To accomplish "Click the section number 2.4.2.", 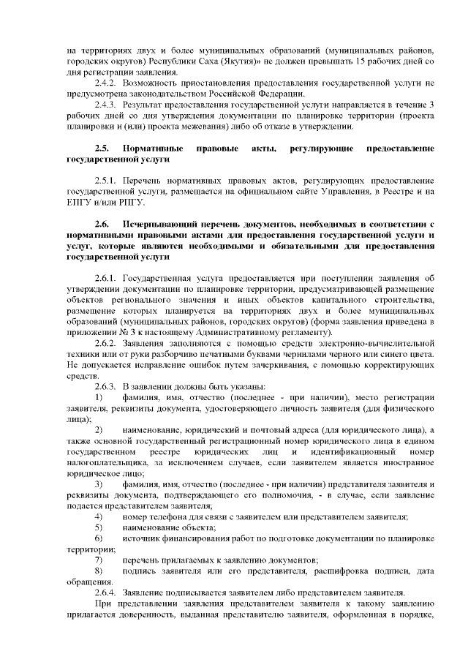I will (107, 83).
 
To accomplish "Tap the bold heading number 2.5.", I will (102, 148).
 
